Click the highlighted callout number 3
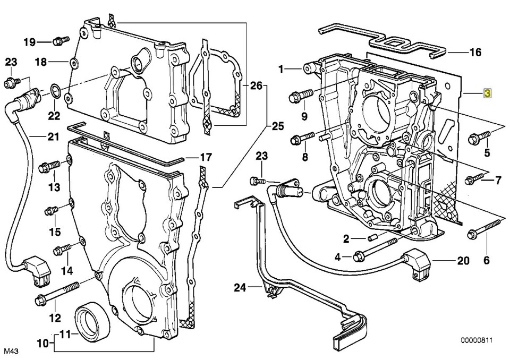tap(487, 93)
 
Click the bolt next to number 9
tap(300, 97)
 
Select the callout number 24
tap(241, 288)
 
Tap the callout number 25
tap(278, 126)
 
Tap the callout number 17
tap(205, 158)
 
